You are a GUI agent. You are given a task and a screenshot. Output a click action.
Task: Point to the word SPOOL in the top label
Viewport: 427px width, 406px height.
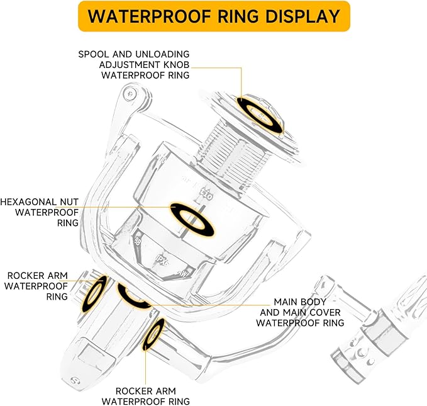coord(93,54)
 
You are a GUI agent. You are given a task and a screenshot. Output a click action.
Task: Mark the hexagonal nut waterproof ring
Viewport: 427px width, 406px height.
coord(194,218)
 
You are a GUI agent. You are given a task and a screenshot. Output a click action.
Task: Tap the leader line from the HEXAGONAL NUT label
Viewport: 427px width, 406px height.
coord(126,207)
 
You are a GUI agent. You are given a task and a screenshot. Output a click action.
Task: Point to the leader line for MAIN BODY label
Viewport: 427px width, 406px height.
coord(208,302)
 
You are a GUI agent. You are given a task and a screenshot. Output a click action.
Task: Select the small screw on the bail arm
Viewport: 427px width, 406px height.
coord(130,93)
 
